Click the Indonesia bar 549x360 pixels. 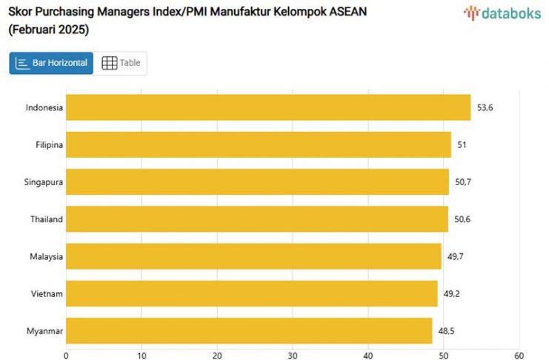click(268, 107)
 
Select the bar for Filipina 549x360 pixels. click(259, 144)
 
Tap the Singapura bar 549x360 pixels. click(257, 181)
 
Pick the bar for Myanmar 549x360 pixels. click(249, 330)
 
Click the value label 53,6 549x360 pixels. click(485, 107)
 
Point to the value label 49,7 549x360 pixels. click(456, 256)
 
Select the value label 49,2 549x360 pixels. click(452, 293)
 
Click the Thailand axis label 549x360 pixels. click(46, 219)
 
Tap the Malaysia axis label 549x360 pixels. click(45, 256)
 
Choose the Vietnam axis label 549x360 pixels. click(47, 293)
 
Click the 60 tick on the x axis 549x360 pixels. click(519, 354)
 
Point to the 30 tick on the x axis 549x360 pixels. click(293, 354)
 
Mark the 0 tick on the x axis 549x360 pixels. click(66, 354)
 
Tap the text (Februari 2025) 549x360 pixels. click(48, 30)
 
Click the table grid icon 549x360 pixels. click(110, 63)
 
